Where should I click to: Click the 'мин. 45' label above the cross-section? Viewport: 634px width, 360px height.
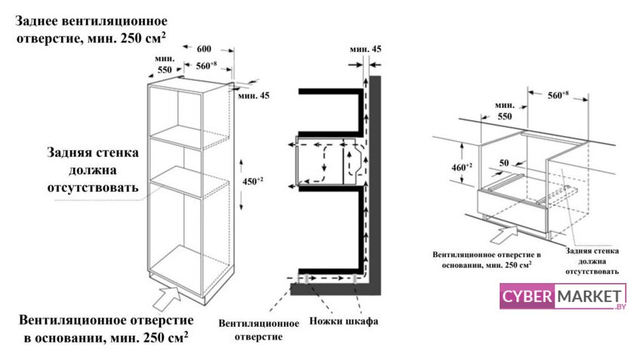point(366,49)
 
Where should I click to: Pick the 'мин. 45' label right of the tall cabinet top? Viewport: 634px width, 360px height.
point(253,95)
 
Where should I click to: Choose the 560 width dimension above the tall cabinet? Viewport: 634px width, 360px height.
point(208,65)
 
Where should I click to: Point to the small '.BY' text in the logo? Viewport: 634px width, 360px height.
point(620,307)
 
